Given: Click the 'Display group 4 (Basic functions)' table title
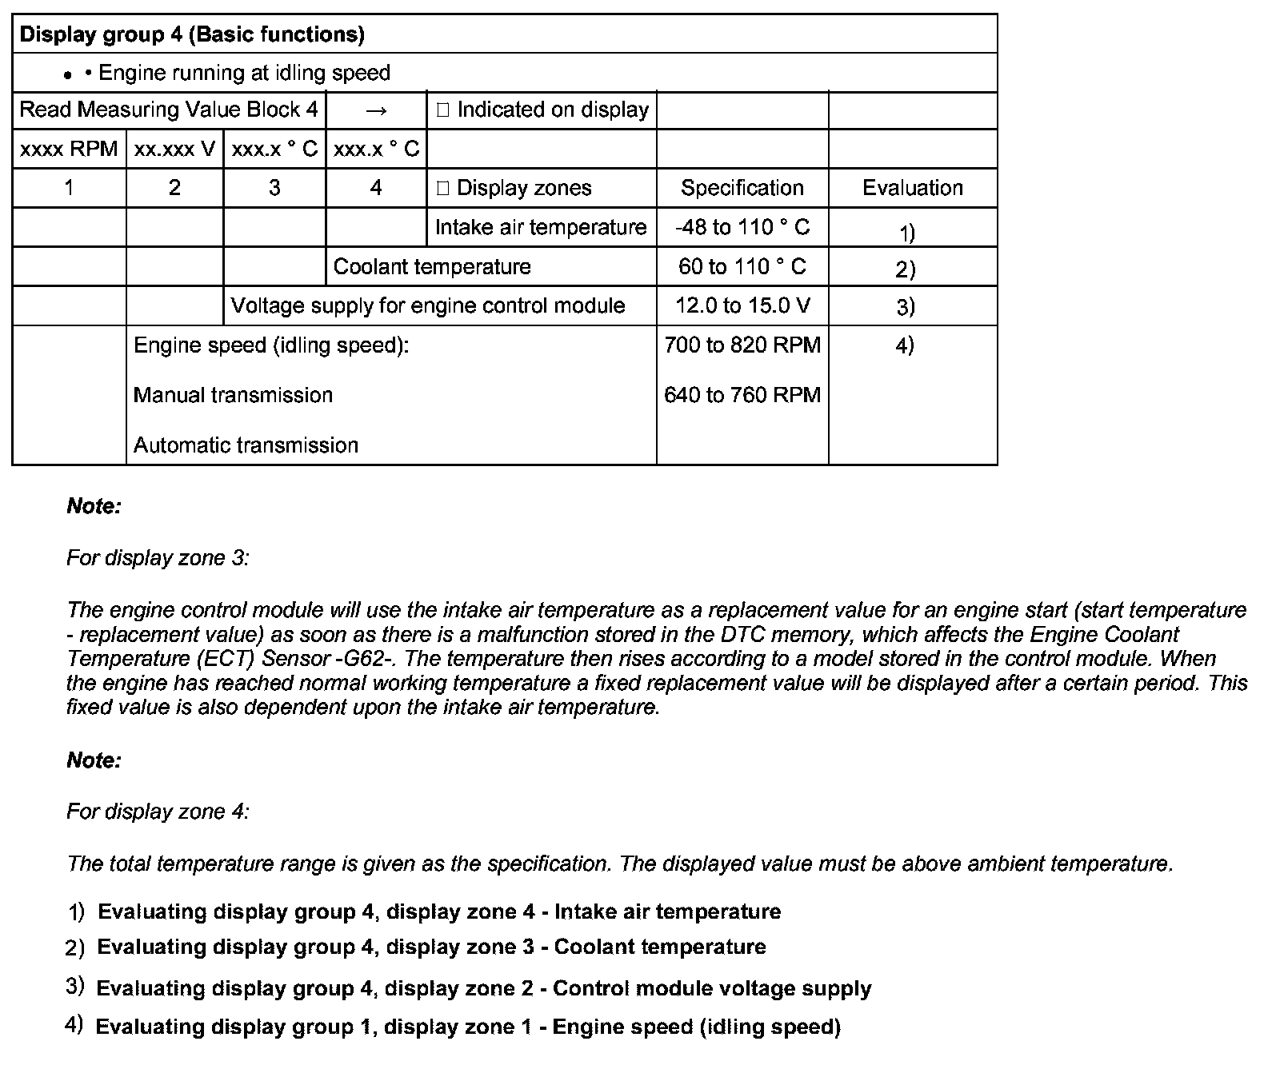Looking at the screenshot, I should (192, 34).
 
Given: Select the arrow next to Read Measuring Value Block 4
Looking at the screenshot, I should (376, 110).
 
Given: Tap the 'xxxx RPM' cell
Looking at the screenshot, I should (69, 149).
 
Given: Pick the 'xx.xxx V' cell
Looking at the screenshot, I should (174, 149).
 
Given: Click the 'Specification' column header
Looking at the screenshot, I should (742, 188).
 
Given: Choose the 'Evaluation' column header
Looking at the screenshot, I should (912, 188).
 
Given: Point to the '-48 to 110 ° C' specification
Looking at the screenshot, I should (742, 227).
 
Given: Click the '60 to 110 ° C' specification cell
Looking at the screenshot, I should (742, 266).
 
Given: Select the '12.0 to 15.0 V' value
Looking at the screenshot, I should (742, 305).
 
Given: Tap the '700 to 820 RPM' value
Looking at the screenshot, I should (742, 345).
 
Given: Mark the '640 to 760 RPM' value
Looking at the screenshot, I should (742, 395).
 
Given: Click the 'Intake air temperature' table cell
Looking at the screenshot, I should (540, 227).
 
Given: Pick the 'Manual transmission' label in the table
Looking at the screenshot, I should (233, 395).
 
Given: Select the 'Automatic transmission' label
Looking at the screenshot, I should (246, 445).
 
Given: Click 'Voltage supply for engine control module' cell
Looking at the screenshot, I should (427, 305).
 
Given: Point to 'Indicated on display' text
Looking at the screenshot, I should (552, 110).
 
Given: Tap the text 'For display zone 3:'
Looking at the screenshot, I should (158, 558).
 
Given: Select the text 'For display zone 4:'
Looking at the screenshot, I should (158, 812).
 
